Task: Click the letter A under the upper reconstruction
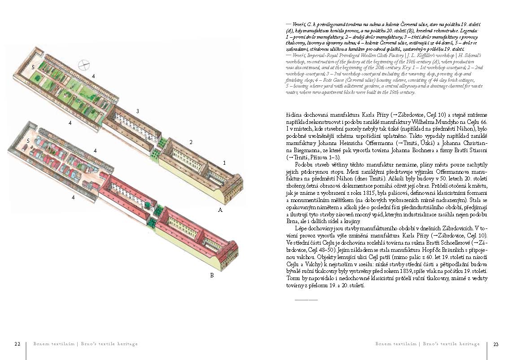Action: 220,210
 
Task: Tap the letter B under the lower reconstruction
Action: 212,275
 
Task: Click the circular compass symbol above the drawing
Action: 83,65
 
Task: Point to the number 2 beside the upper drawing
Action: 191,142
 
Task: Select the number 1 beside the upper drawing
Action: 224,162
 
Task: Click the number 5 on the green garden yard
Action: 33,66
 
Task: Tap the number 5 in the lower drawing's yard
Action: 28,141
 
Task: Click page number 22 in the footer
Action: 17,344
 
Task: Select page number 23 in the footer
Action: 495,344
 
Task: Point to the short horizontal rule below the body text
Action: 306,299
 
